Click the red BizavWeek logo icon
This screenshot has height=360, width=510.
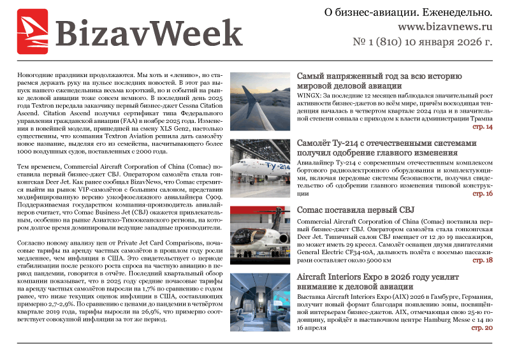click(33, 31)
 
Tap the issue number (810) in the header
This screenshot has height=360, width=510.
click(394, 43)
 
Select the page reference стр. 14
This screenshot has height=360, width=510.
click(482, 127)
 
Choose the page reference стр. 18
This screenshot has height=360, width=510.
click(482, 261)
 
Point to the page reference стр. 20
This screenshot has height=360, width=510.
click(482, 328)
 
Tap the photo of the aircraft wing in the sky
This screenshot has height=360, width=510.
click(260, 102)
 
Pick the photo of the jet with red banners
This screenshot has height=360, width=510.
click(260, 235)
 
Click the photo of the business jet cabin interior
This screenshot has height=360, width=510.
click(260, 302)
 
